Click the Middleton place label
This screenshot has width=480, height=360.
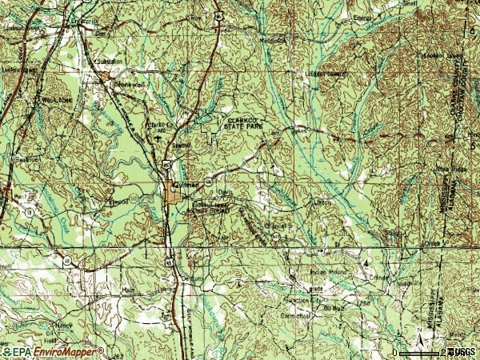tap(271, 41)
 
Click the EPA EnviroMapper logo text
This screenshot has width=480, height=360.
tap(53, 351)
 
